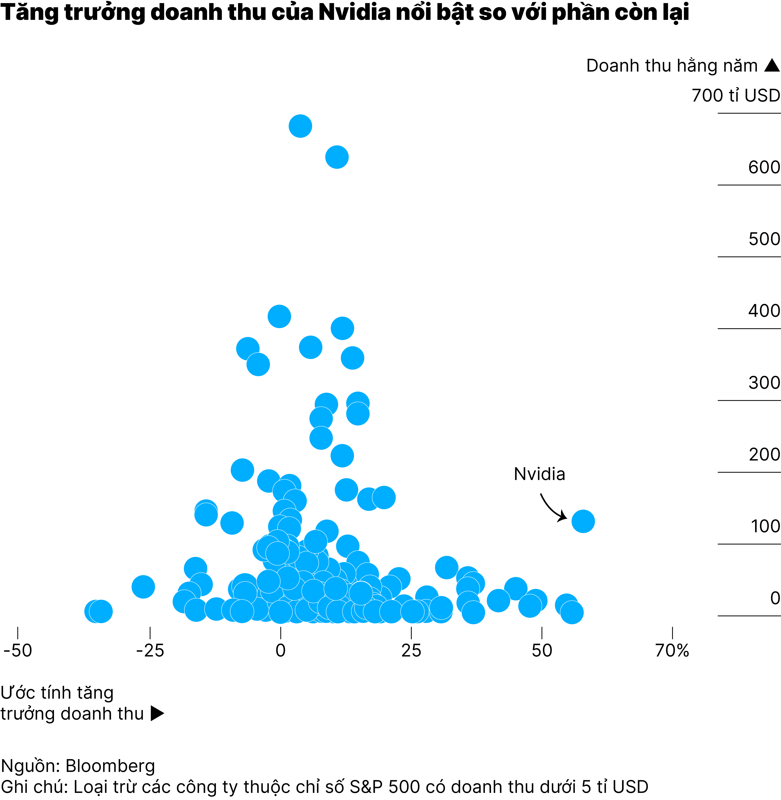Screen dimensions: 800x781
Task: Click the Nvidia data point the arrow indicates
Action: pos(583,521)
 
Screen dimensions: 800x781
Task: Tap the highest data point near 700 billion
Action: pos(300,126)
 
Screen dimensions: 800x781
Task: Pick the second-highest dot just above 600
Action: pos(337,157)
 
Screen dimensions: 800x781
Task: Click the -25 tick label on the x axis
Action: pos(150,651)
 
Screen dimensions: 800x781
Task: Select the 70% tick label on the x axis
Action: pos(672,651)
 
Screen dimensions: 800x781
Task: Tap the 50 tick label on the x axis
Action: pos(542,651)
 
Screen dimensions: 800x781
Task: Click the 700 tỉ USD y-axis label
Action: pos(735,96)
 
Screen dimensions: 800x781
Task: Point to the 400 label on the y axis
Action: pos(764,311)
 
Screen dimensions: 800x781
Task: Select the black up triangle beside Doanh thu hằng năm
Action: pos(772,66)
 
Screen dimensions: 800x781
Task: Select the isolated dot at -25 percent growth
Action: pos(143,586)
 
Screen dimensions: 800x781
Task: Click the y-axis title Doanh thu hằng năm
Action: pos(672,66)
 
